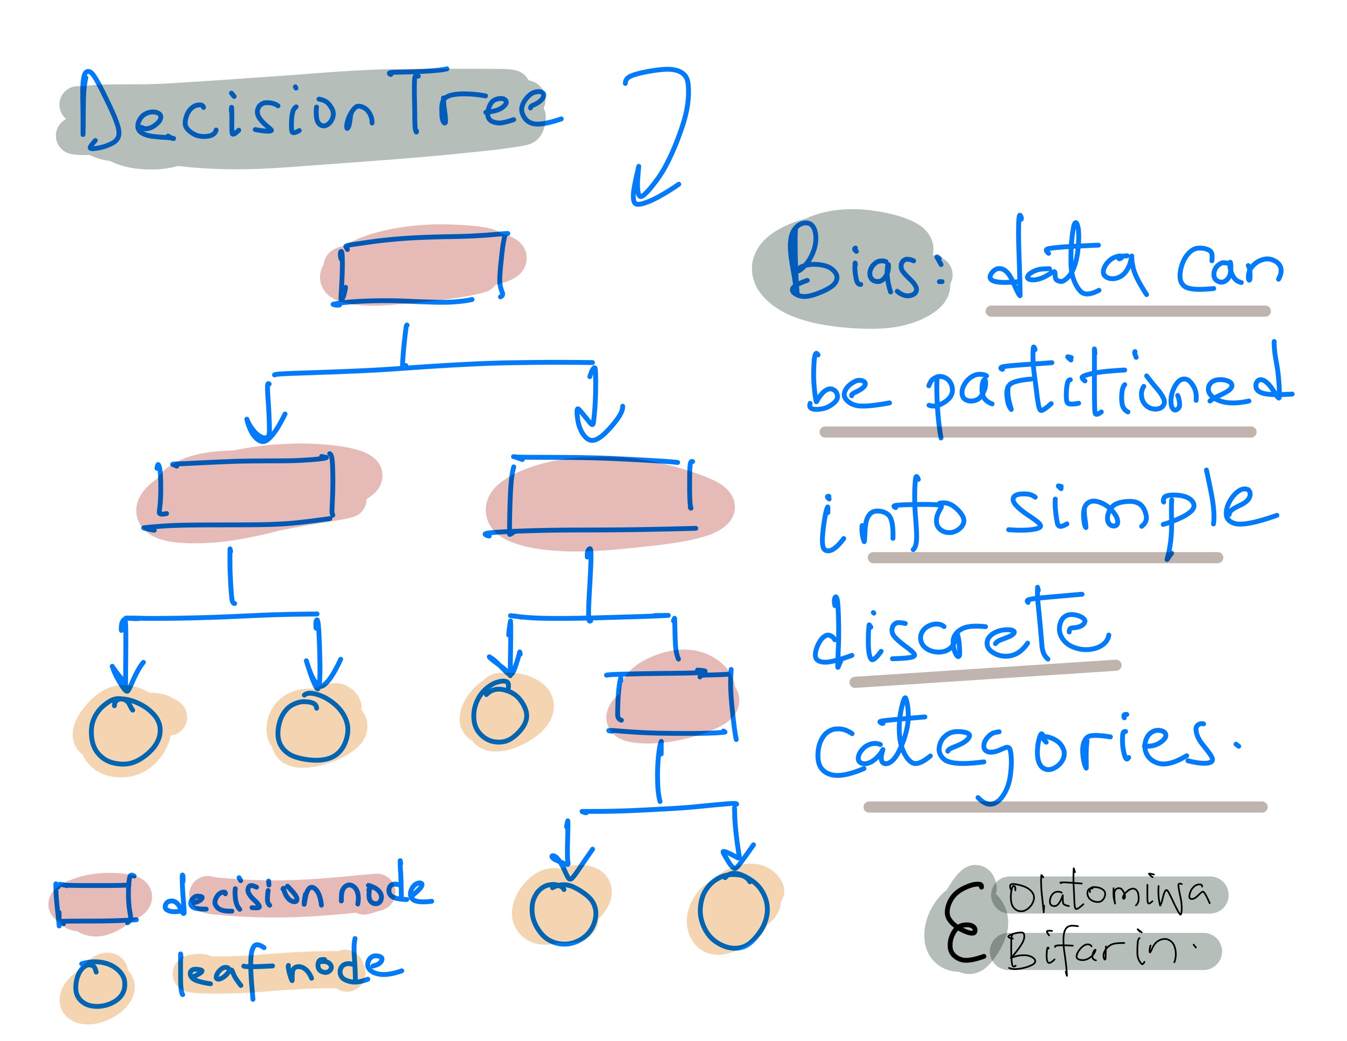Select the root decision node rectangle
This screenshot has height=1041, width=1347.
click(x=423, y=268)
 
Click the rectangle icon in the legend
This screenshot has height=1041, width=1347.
click(x=94, y=900)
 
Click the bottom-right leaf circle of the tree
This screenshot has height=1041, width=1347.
click(x=733, y=910)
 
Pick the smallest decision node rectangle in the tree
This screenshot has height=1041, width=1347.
click(x=673, y=702)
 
